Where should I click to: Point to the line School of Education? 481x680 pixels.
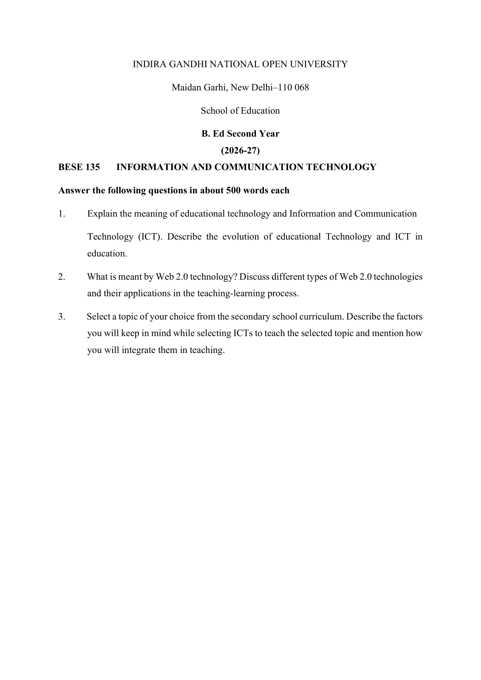click(240, 111)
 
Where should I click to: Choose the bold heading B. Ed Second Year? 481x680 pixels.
click(240, 134)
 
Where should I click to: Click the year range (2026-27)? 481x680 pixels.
click(240, 151)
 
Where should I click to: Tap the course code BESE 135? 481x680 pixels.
click(79, 167)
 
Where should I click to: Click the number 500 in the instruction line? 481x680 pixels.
click(233, 190)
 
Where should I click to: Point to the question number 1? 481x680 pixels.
click(62, 214)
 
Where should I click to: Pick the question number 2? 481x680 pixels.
click(62, 277)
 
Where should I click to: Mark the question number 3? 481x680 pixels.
click(62, 317)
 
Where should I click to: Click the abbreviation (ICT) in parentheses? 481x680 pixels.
click(150, 237)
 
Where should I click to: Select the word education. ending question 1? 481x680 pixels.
click(107, 254)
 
